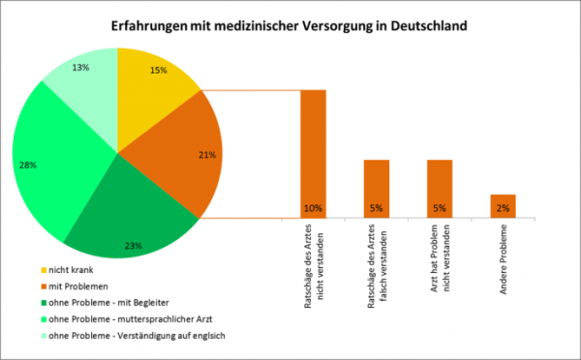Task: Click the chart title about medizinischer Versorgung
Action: pos(290,26)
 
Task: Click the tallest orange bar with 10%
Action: pos(313,145)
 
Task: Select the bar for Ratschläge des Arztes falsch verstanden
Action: pos(376,184)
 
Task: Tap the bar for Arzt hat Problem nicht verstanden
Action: pos(440,184)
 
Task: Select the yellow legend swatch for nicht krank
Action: pos(44,269)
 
